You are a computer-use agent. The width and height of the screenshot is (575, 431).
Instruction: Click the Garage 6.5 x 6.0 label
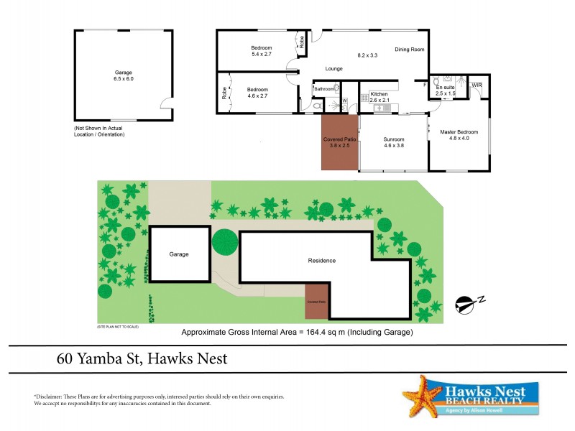click(x=124, y=75)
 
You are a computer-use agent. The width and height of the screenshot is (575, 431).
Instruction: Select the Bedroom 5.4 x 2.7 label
click(x=261, y=51)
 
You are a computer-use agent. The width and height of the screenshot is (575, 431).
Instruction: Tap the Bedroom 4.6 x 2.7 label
click(x=257, y=93)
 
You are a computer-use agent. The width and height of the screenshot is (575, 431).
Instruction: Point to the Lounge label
click(x=333, y=69)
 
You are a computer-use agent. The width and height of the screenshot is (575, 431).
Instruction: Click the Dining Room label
click(x=410, y=50)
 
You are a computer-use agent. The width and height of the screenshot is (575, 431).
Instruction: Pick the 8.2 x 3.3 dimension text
click(x=368, y=55)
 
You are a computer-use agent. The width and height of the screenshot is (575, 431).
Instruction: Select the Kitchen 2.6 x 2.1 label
click(x=379, y=97)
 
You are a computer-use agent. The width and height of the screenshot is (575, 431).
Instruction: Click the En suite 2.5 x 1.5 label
click(x=446, y=91)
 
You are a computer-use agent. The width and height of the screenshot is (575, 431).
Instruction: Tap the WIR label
click(x=477, y=85)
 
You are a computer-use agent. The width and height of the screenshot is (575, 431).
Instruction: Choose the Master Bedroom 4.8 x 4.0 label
click(x=459, y=134)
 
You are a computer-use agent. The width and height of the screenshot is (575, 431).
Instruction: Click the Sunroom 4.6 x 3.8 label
click(x=394, y=142)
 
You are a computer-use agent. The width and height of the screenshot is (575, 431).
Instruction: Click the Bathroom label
click(x=323, y=89)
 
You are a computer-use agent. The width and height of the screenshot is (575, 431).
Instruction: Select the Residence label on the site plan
click(x=321, y=261)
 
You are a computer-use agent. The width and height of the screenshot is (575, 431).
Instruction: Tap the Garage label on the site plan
click(x=179, y=254)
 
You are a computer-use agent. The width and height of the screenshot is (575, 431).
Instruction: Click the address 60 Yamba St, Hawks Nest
click(x=142, y=358)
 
